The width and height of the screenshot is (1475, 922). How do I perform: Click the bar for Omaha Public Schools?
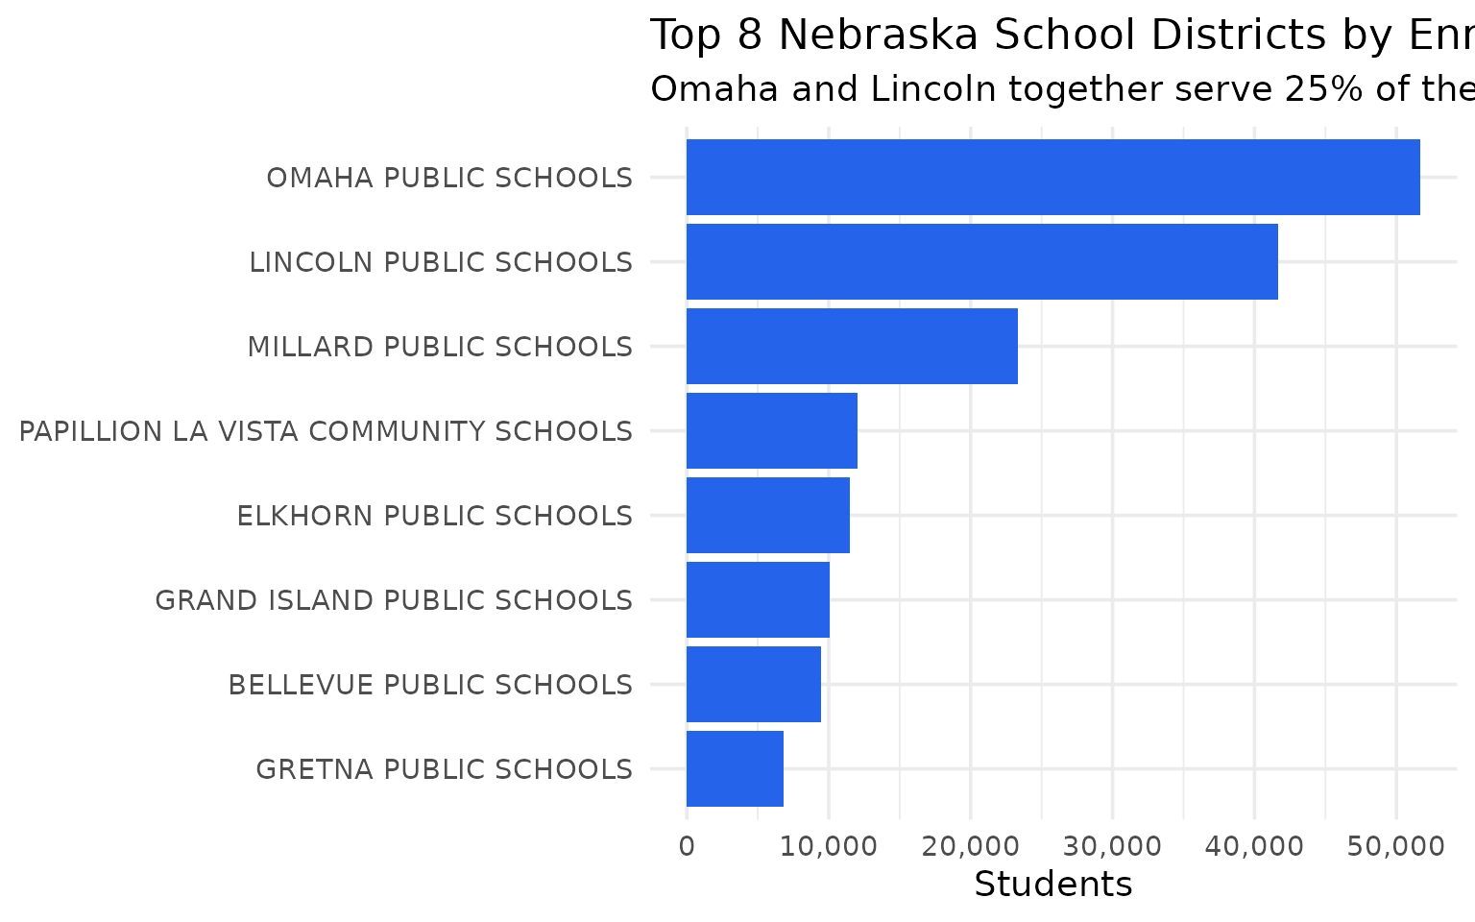click(x=1052, y=178)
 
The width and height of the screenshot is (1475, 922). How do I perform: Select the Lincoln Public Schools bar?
click(x=981, y=261)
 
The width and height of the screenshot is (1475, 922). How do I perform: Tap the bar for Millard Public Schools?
click(x=852, y=346)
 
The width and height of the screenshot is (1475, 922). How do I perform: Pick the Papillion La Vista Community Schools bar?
click(x=772, y=430)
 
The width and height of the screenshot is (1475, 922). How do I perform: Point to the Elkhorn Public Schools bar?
click(x=768, y=515)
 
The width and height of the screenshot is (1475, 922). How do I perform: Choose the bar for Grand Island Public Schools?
click(x=758, y=599)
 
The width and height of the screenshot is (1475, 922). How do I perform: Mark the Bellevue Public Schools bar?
click(x=754, y=684)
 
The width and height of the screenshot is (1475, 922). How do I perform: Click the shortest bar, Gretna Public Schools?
click(x=735, y=768)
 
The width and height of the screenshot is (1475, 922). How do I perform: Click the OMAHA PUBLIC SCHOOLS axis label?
click(x=449, y=179)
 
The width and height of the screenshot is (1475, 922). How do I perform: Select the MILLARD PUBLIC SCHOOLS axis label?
click(x=440, y=347)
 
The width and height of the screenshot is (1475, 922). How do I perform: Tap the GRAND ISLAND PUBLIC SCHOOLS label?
click(x=394, y=600)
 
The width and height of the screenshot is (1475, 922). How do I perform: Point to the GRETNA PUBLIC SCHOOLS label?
click(x=444, y=769)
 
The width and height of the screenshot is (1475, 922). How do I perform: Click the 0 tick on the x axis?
click(x=687, y=846)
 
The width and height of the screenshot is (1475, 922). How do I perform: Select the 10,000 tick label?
click(x=828, y=846)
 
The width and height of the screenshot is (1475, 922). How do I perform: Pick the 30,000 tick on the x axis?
click(x=1112, y=846)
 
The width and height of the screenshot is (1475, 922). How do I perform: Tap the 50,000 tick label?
click(x=1395, y=846)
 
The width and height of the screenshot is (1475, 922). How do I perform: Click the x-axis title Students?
click(x=1052, y=885)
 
